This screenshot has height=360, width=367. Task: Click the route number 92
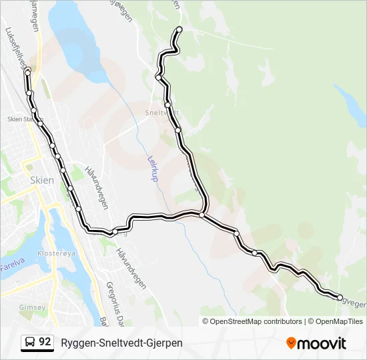point(45,342)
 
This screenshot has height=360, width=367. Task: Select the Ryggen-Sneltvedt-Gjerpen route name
point(121,343)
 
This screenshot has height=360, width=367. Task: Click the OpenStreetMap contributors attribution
point(252,321)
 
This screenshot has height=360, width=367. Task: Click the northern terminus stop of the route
point(179,29)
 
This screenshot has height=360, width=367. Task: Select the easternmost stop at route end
point(340,297)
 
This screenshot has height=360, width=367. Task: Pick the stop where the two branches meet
point(202,214)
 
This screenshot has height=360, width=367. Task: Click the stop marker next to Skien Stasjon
point(41,123)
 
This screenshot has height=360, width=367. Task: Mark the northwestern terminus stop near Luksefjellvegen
point(27,72)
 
